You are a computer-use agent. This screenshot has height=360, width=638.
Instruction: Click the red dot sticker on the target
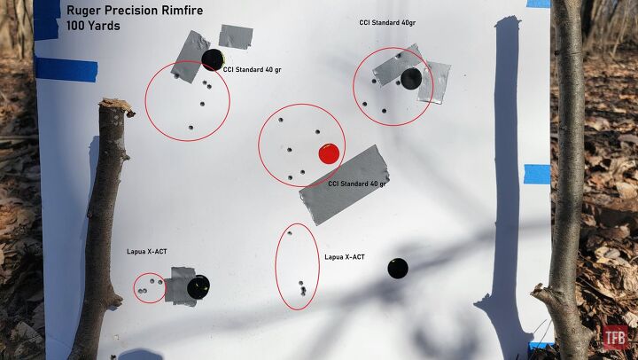point(329,153)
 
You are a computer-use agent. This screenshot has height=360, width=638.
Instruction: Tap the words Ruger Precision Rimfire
point(122,10)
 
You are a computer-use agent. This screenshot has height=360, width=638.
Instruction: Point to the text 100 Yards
point(93,26)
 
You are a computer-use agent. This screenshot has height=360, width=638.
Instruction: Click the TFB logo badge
point(615,337)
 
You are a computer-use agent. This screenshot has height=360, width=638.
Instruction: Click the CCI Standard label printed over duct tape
point(356,184)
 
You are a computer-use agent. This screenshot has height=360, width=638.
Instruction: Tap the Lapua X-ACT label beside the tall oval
point(345,256)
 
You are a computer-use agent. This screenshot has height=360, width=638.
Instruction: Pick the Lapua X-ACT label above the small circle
point(146,251)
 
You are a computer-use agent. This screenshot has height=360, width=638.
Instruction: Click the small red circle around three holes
point(149,287)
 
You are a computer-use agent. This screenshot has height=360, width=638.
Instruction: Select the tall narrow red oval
point(297,267)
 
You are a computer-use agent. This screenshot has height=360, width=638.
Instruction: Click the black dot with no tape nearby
point(398,268)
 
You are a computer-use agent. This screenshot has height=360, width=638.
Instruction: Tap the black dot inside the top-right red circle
point(411,79)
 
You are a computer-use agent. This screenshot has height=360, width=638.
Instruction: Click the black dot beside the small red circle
point(198,287)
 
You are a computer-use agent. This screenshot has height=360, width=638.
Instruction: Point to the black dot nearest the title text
point(212,59)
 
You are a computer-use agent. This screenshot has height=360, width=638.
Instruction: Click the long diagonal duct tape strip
point(345,184)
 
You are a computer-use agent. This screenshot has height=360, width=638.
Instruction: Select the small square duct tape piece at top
point(236,36)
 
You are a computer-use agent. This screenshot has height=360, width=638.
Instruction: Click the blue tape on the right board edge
point(537,174)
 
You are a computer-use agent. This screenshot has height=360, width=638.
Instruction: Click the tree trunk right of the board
point(567,177)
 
